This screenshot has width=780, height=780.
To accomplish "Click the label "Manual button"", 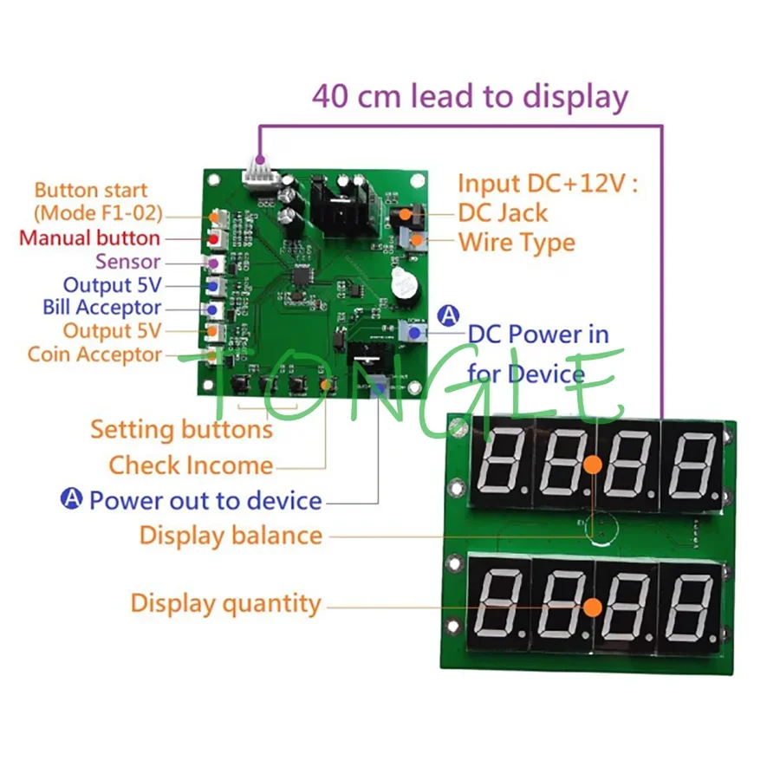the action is click(x=89, y=237).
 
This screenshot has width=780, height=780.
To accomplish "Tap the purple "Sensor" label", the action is click(x=127, y=261).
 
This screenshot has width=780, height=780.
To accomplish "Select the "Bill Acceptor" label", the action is click(x=101, y=307).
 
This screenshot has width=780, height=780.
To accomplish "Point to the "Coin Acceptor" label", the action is click(x=94, y=354).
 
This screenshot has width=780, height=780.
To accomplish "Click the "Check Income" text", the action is click(x=191, y=465).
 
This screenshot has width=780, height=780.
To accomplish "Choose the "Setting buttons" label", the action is click(x=181, y=429).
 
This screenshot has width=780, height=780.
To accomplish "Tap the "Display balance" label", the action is click(x=231, y=535).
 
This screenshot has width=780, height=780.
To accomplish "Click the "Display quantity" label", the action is click(x=225, y=602).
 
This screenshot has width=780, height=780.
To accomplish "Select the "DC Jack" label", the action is click(x=503, y=212).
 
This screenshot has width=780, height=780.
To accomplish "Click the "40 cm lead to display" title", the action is click(x=470, y=95).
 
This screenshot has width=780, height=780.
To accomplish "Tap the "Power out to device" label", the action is click(x=205, y=500).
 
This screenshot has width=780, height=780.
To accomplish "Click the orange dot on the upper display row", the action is click(x=592, y=465).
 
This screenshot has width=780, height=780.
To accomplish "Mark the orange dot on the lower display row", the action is click(x=592, y=607).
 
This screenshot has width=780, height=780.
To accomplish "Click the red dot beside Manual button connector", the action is click(x=213, y=238).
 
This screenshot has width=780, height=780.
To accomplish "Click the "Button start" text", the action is click(x=91, y=191).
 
